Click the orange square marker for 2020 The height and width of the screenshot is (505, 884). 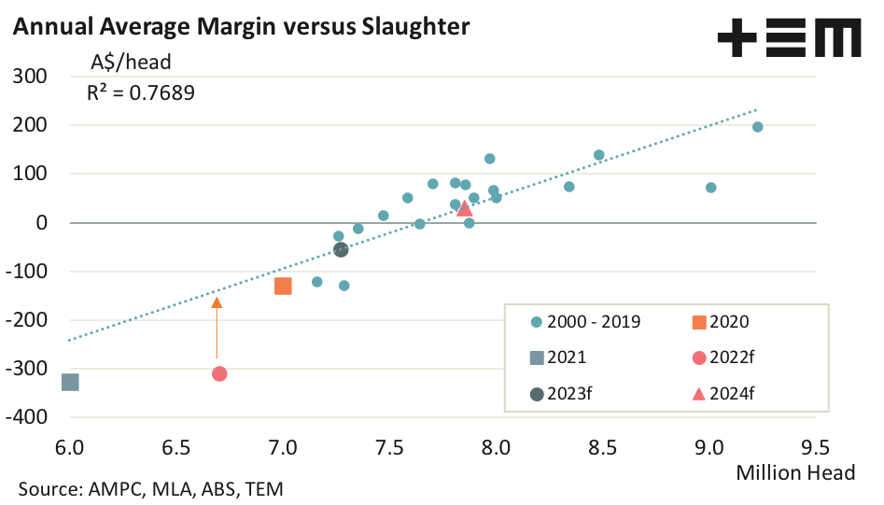click(283, 286)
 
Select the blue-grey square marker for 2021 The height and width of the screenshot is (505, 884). click(70, 382)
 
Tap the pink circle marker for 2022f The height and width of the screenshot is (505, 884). click(219, 373)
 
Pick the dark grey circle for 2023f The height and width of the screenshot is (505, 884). click(341, 249)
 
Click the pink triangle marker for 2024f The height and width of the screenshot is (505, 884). click(464, 207)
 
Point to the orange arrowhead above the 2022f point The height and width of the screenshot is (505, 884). click(217, 302)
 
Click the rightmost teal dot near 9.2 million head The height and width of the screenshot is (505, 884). click(757, 127)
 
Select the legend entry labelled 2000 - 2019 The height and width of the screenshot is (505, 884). click(588, 322)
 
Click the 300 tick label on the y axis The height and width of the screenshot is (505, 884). click(33, 77)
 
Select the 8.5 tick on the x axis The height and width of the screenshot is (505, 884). click(602, 446)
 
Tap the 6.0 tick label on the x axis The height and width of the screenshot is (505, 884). click(69, 446)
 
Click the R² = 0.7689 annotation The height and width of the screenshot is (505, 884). click(140, 92)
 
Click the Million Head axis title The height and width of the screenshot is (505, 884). click(795, 472)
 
